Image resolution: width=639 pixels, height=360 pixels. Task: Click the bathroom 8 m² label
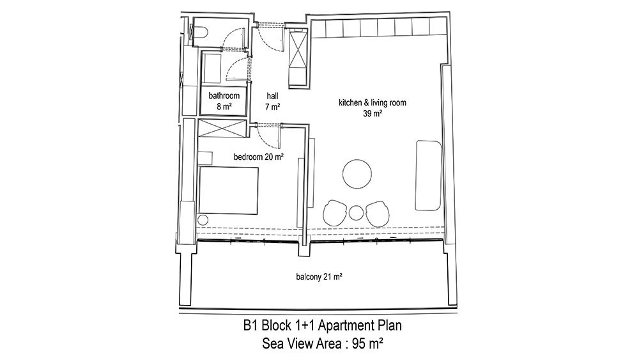coord(224,101)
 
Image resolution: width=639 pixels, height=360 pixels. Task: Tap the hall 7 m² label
coord(272,101)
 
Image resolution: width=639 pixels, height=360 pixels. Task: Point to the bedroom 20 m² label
coord(258,157)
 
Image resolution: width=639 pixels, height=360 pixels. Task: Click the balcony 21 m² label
coord(319,277)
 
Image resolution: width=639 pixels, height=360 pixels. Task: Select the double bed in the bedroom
coord(228,191)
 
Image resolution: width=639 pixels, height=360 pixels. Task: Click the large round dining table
coord(357,174)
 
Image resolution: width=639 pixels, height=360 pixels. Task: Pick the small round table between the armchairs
coord(356,213)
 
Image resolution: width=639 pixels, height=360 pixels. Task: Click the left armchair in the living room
coord(335,213)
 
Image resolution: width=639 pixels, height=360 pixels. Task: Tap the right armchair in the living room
coord(378,213)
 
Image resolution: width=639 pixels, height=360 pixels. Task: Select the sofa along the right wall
coord(428,175)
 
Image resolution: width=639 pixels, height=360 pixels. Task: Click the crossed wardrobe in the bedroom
coord(222,128)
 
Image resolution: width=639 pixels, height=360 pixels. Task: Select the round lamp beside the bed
coord(203,220)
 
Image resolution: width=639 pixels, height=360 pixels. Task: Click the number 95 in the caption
coord(359,343)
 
